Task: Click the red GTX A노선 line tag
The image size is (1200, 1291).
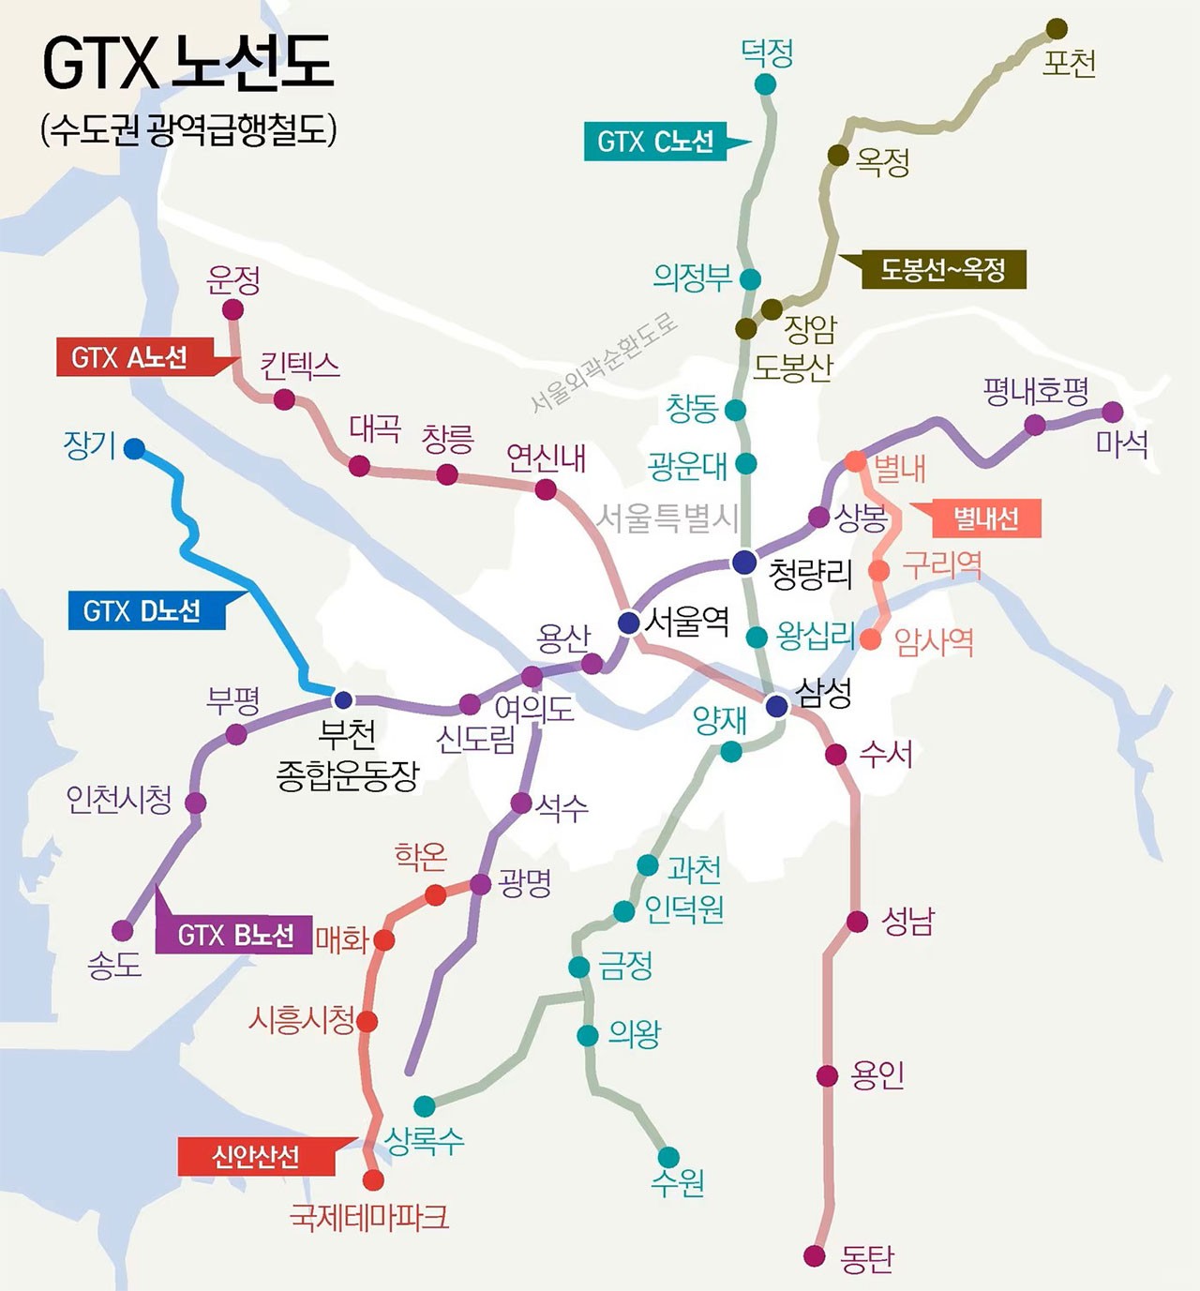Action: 130,357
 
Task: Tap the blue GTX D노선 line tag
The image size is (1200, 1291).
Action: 142,611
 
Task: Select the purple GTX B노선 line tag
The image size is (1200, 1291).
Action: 235,935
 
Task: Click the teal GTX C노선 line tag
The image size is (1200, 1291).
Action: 655,142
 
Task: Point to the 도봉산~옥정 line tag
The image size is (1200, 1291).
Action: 943,270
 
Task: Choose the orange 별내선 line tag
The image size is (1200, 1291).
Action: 985,518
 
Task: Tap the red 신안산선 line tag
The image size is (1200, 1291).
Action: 256,1157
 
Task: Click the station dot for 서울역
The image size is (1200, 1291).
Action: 629,623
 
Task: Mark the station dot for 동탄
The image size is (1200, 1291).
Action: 815,1255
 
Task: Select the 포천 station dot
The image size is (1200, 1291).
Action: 1057,29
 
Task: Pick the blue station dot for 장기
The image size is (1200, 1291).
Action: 134,448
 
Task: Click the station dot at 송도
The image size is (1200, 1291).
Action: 123,930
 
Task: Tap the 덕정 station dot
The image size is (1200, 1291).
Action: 765,84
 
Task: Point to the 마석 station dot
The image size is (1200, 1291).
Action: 1112,412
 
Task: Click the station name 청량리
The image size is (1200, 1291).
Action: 811,573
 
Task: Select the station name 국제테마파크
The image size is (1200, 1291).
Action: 368,1217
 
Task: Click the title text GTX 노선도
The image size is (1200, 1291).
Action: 187,64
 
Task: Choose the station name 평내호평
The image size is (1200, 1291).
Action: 1036,391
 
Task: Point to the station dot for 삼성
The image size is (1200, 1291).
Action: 776,706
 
